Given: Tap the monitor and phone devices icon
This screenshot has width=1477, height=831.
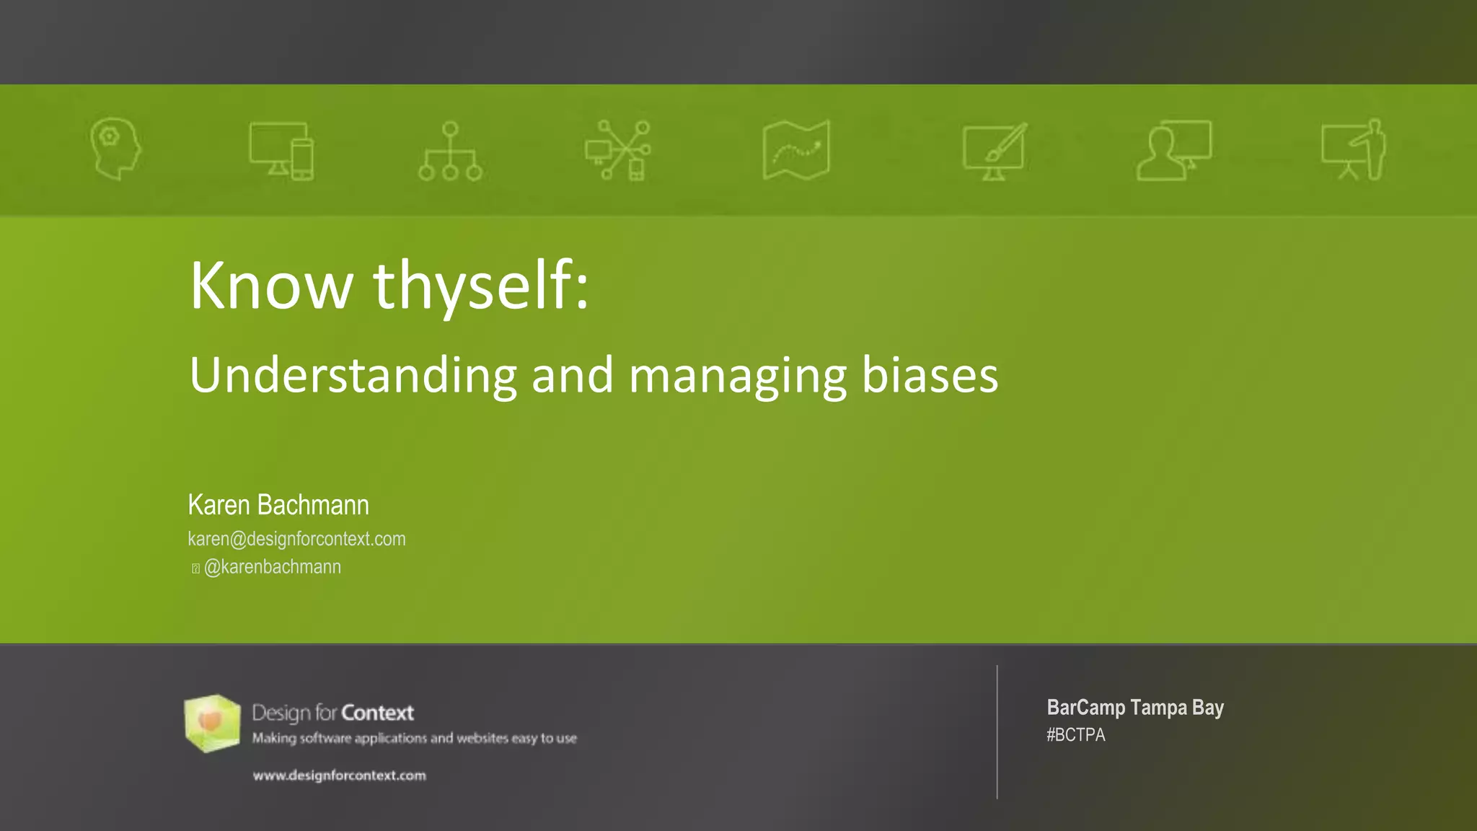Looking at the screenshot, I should click(x=281, y=150).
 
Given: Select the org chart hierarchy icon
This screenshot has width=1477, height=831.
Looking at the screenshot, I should click(x=450, y=151).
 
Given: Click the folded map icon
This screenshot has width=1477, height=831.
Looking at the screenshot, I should click(x=796, y=150).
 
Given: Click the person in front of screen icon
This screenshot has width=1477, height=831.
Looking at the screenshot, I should click(x=1173, y=150).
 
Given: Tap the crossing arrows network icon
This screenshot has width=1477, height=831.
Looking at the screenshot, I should click(x=619, y=150).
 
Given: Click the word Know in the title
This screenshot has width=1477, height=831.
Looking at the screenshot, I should click(x=271, y=286).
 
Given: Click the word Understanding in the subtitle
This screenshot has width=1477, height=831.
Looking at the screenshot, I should click(x=353, y=376).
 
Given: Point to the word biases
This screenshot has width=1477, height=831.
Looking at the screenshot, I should click(x=930, y=376).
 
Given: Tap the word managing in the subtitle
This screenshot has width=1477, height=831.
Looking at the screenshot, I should click(x=737, y=376).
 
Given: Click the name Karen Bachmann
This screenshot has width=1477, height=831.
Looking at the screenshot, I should click(x=278, y=505).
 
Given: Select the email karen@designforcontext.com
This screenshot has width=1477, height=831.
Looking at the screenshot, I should click(x=296, y=539).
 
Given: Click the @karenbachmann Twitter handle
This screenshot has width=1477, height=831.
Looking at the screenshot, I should click(x=273, y=567).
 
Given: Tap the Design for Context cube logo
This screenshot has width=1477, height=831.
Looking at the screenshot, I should click(x=212, y=723).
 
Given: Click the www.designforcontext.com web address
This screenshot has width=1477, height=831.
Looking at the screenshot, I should click(x=339, y=775).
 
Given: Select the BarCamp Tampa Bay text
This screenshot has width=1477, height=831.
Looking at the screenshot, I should click(x=1135, y=708).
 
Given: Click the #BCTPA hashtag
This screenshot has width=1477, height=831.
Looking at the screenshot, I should click(x=1075, y=735).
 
